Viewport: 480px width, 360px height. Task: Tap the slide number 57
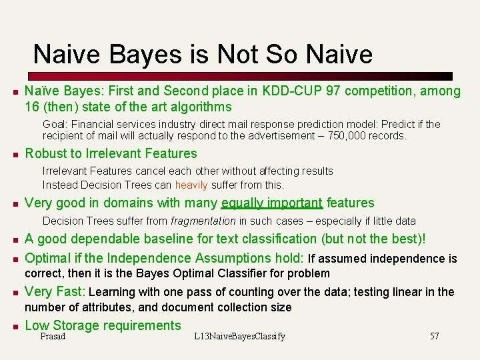coord(434,336)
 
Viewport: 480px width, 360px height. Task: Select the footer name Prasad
coord(53,336)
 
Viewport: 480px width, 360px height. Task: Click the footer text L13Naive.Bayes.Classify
coord(239,336)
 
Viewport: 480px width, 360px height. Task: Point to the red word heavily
coord(191,185)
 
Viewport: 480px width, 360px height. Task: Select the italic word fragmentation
coord(203,221)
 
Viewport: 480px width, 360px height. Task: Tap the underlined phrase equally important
coord(272,203)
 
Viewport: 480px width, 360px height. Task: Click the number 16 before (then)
coord(32,107)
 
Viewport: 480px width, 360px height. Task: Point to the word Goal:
coord(57,124)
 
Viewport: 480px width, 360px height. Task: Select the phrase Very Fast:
coord(55,291)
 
